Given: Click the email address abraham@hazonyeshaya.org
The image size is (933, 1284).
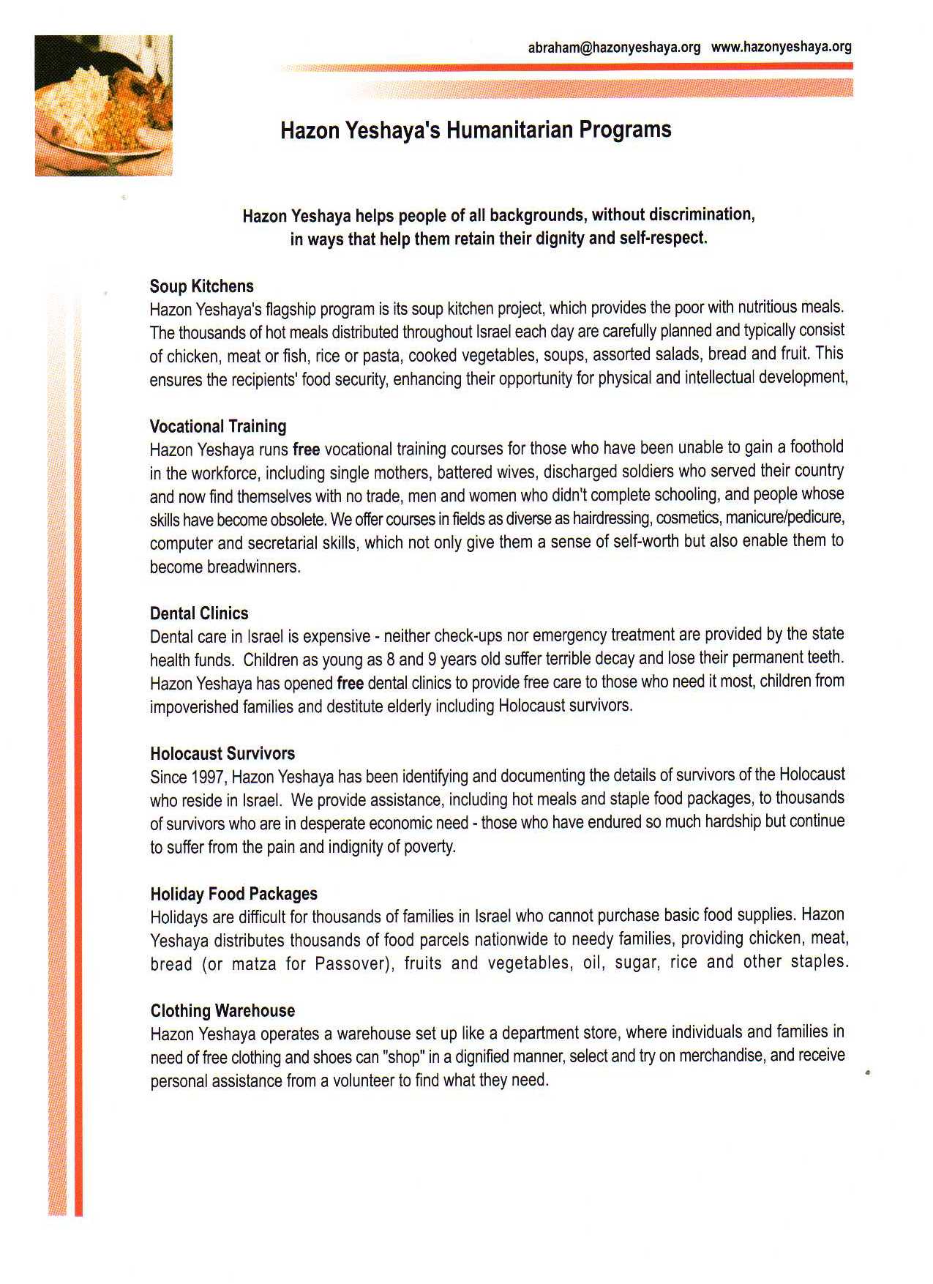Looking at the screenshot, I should point(614,48).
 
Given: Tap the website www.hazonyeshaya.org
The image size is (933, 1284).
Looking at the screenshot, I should point(781,47).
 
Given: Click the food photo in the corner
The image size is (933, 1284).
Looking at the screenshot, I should point(104,105).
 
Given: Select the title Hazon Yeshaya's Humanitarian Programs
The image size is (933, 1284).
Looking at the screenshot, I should point(476,130).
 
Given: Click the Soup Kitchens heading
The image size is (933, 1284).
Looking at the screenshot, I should point(202,286).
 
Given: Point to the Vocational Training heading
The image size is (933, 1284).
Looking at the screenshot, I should point(218,426).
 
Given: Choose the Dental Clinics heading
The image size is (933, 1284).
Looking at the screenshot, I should point(199,613).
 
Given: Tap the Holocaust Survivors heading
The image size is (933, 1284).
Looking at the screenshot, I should point(222,753).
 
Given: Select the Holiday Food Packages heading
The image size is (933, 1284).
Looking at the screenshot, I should point(234,894).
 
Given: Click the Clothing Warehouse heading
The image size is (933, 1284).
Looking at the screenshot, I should point(222,1011).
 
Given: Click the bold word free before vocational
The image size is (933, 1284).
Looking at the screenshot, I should point(306,449).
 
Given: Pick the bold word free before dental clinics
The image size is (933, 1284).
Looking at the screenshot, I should point(350,684).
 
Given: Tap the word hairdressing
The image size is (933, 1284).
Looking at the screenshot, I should point(612,519).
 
